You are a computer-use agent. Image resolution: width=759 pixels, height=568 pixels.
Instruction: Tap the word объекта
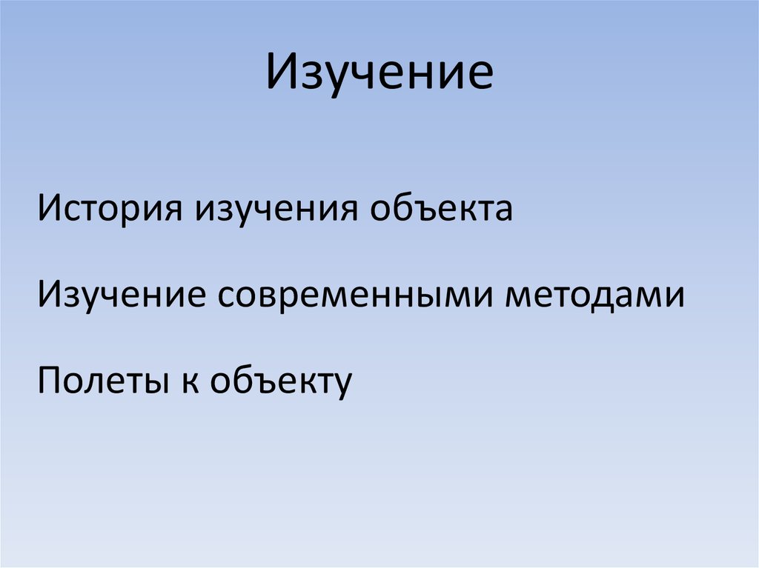tap(442, 209)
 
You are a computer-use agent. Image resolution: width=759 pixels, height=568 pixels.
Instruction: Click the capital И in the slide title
tap(282, 73)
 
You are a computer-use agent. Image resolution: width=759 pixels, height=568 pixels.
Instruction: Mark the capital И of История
tap(50, 209)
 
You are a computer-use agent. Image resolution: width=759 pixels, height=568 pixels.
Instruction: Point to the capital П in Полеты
tap(50, 382)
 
